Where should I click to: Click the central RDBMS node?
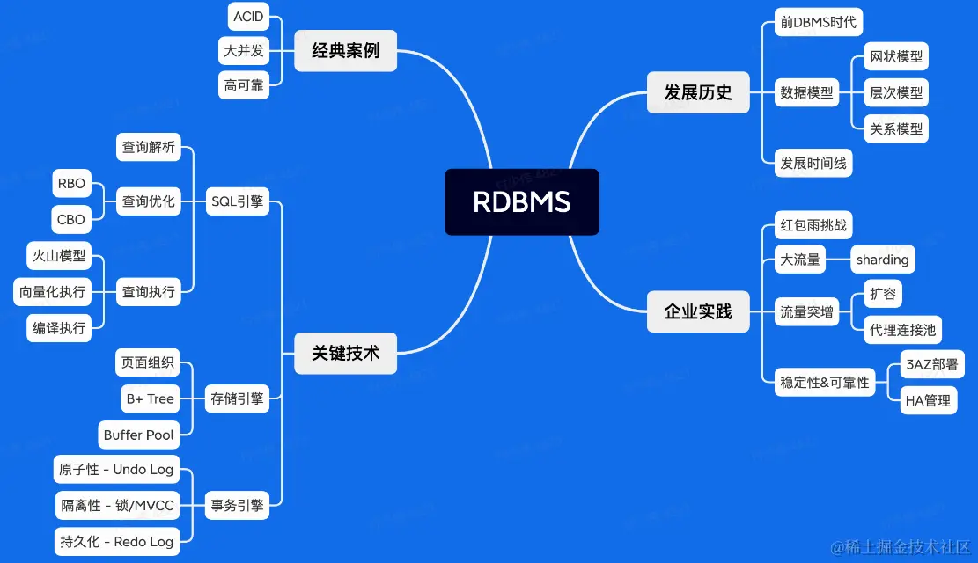tap(521, 202)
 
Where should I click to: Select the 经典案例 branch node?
tap(345, 51)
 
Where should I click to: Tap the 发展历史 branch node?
tap(697, 92)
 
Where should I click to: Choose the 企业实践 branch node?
tap(697, 311)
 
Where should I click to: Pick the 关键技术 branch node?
tap(345, 353)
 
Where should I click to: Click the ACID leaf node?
tap(248, 17)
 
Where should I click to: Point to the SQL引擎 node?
tap(237, 201)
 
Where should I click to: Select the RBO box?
tap(70, 184)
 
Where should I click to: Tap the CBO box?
tap(70, 220)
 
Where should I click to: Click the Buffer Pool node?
tap(139, 435)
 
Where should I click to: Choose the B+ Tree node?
tap(150, 398)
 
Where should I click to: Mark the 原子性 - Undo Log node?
tap(116, 470)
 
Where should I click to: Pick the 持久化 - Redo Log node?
tap(116, 542)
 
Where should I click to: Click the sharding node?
tap(882, 260)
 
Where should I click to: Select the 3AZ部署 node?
tap(931, 364)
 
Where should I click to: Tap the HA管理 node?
tap(928, 400)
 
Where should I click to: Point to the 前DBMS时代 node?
tap(818, 22)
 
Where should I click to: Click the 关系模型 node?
tap(896, 128)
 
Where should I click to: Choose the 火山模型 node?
tap(59, 256)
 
